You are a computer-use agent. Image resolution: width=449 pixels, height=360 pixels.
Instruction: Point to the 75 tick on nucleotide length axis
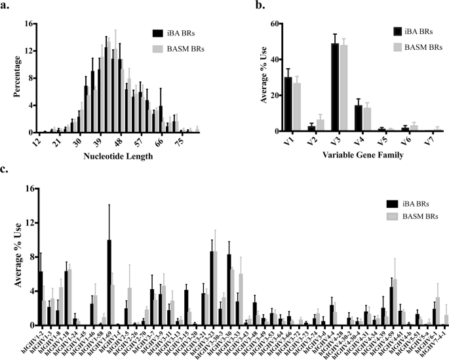183,142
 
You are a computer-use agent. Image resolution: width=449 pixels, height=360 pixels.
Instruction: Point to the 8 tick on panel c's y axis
26,257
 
